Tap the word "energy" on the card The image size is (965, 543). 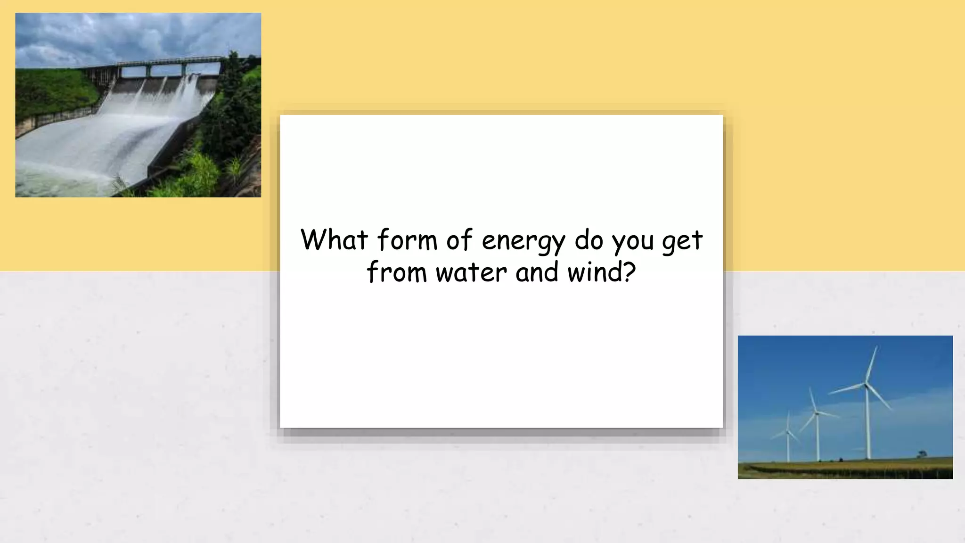pyautogui.click(x=523, y=241)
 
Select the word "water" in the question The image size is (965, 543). pyautogui.click(x=471, y=273)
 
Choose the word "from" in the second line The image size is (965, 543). pyautogui.click(x=397, y=273)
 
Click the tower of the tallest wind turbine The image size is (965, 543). pyautogui.click(x=868, y=424)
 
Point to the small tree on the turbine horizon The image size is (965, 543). pyautogui.click(x=922, y=453)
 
